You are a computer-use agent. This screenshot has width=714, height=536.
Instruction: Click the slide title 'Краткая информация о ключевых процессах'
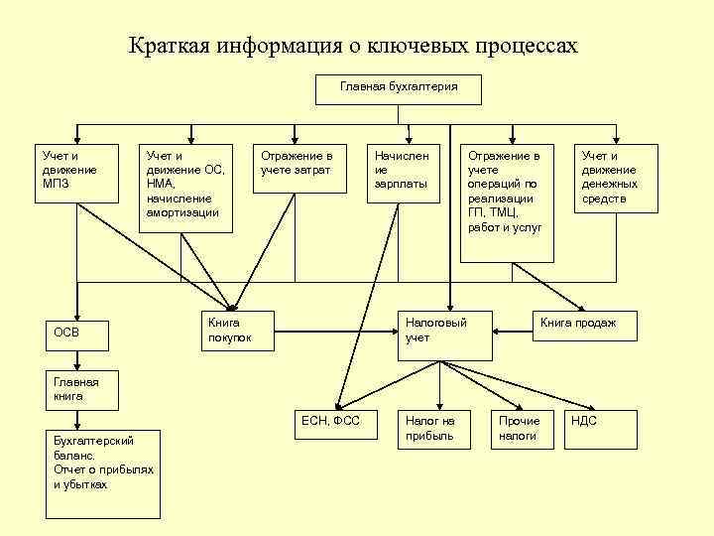click(x=352, y=47)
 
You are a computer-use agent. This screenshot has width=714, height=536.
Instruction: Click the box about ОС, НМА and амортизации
click(x=185, y=188)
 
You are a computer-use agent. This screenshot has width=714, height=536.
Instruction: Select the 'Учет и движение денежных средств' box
click(x=616, y=178)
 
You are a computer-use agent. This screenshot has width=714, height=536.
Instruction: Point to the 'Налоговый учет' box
click(x=445, y=334)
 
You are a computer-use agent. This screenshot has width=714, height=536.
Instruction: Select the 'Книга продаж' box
click(x=580, y=325)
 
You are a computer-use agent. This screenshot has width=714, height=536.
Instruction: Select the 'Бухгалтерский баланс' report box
click(x=103, y=473)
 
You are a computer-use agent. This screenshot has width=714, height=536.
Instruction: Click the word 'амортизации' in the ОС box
click(x=181, y=212)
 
